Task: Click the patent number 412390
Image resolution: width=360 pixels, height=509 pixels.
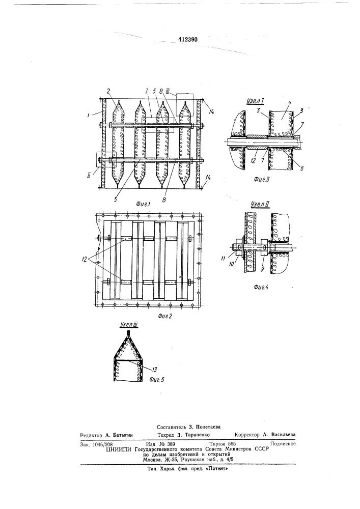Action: [x=188, y=40]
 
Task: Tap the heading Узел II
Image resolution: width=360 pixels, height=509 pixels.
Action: [x=259, y=205]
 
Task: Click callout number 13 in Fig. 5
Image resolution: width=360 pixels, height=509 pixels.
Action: [x=154, y=370]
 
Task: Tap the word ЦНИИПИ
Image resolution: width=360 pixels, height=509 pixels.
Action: [x=118, y=449]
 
